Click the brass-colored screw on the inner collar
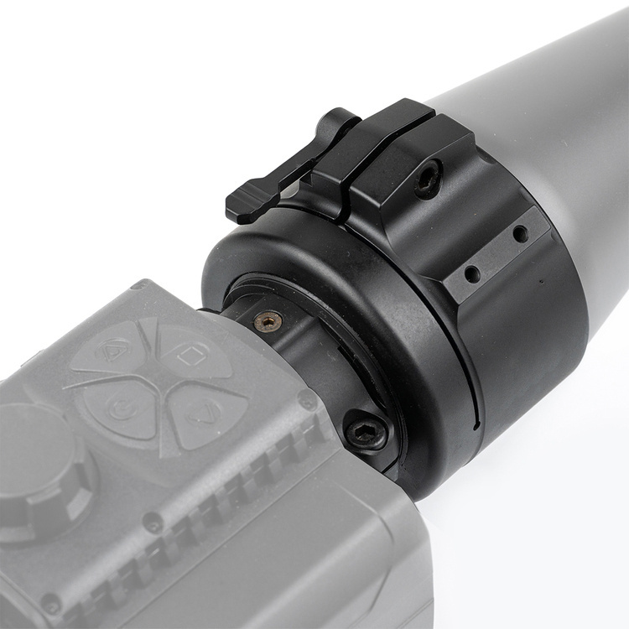point(268,321)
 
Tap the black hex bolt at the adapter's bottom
point(366,433)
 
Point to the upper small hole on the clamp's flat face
point(520,234)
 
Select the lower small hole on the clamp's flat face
point(471,274)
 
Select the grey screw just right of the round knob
point(152,524)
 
